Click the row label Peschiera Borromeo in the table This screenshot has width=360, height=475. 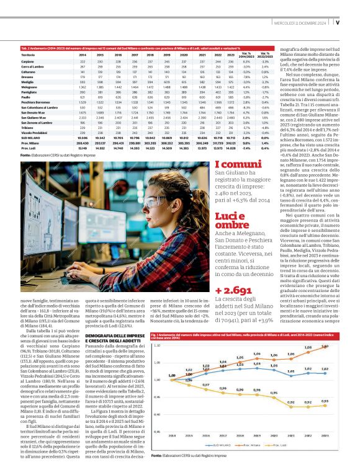tap(35, 101)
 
